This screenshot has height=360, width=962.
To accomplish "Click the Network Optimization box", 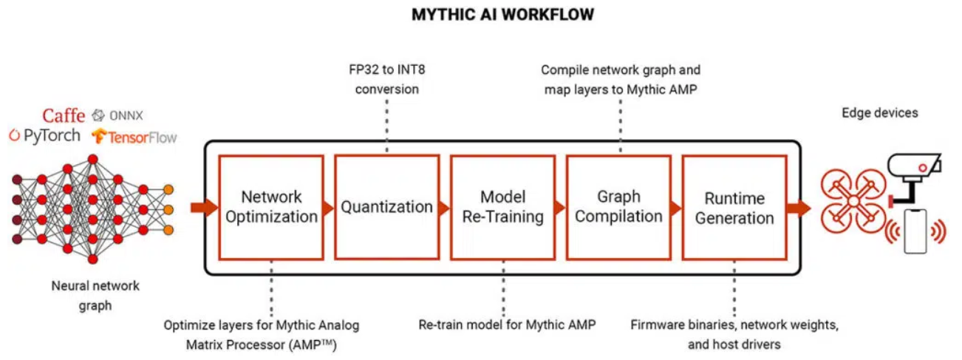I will (271, 207).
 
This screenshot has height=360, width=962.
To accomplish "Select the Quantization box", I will (386, 207).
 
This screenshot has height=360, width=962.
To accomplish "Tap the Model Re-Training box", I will (502, 207).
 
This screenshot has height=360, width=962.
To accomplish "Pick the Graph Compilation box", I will (618, 207).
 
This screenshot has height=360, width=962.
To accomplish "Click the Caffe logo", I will (64, 115).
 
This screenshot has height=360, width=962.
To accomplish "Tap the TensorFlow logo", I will (134, 137).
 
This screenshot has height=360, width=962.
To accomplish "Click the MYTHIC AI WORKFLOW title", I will (502, 15).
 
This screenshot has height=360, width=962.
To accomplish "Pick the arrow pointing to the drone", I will (798, 208).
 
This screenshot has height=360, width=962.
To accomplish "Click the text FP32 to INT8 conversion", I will (386, 80).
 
